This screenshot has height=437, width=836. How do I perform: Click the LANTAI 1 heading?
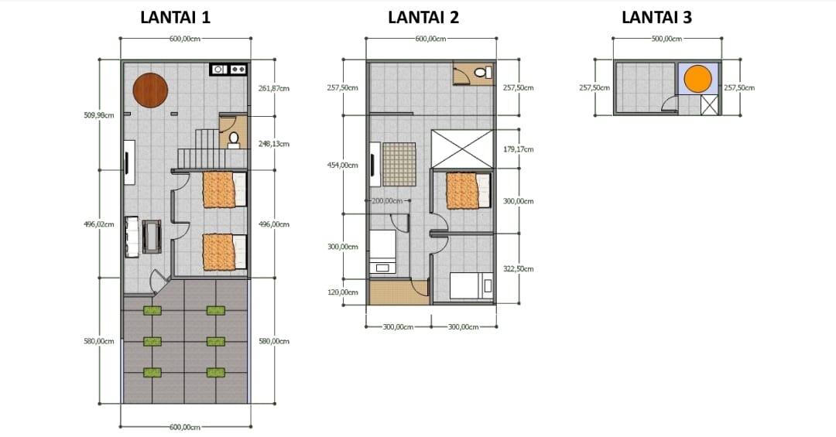click(176, 18)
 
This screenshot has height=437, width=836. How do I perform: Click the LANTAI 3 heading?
click(657, 18)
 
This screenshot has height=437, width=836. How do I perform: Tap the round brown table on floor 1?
click(150, 90)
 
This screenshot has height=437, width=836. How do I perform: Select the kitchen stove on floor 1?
click(228, 70)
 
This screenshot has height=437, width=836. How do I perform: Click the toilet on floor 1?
click(234, 139)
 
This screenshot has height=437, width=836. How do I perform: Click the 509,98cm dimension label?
click(98, 115)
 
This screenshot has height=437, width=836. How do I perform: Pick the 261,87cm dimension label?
click(273, 88)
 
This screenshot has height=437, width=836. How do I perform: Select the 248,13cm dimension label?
click(273, 144)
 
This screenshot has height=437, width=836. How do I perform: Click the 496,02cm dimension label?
click(98, 224)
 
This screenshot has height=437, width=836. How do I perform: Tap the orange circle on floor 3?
click(698, 78)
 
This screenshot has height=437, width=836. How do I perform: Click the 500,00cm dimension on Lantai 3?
click(666, 39)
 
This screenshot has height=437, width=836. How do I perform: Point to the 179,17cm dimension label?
click(518, 150)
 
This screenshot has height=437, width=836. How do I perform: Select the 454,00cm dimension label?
click(342, 166)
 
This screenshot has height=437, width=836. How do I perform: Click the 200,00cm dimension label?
click(386, 201)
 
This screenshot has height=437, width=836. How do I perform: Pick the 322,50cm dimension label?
click(518, 269)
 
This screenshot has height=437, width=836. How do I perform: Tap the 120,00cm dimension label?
click(342, 292)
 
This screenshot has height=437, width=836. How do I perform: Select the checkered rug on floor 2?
click(399, 164)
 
